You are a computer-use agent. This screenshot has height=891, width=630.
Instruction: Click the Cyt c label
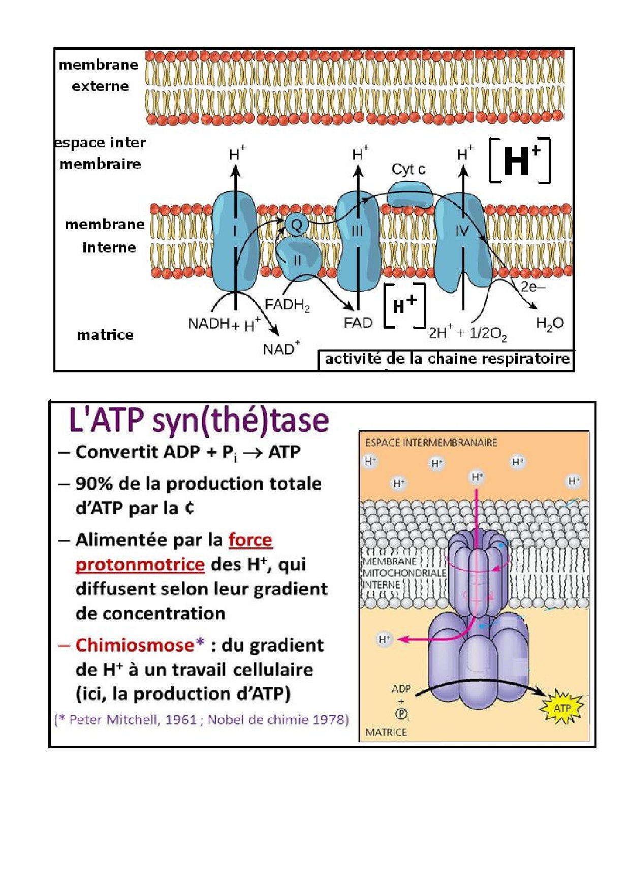click(408, 169)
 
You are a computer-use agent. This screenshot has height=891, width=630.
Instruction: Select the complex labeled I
click(235, 239)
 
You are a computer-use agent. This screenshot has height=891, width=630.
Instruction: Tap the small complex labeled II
click(298, 260)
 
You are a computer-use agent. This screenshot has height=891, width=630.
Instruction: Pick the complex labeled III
click(358, 239)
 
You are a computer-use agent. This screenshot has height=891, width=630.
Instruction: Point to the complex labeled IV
click(461, 239)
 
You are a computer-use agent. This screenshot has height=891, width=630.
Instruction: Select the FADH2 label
click(287, 305)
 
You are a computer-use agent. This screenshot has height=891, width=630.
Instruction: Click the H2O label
click(550, 323)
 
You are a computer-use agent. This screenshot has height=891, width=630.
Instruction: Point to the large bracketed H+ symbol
click(520, 160)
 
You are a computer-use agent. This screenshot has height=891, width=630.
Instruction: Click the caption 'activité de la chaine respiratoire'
click(447, 359)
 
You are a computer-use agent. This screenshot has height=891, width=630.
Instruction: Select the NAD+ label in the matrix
click(281, 349)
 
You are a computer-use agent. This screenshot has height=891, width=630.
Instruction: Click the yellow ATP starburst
click(562, 708)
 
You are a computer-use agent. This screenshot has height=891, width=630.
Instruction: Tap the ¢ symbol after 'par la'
click(189, 508)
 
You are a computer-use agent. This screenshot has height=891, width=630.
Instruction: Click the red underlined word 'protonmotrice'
click(140, 564)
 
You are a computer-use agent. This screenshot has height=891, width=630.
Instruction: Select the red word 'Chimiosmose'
click(135, 645)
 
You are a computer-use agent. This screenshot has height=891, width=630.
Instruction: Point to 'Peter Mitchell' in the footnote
click(114, 720)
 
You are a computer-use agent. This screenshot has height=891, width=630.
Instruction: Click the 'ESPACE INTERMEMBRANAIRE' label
click(431, 443)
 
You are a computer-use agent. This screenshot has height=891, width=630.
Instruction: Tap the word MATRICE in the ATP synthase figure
click(386, 732)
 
